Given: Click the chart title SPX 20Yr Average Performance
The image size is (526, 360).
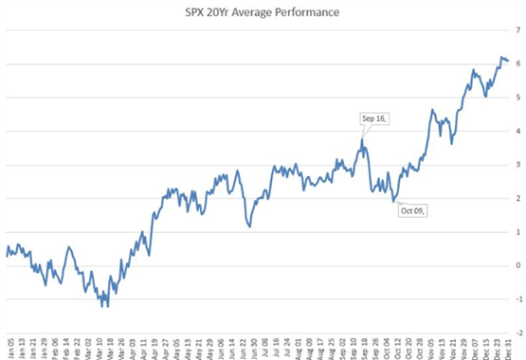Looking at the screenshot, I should click(263, 13).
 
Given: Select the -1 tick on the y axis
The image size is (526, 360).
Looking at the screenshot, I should click(517, 298).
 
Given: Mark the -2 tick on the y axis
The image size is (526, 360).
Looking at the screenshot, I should click(517, 333).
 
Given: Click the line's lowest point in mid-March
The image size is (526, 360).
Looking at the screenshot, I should click(107, 306).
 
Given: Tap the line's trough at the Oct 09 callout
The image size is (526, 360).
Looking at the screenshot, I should click(394, 202).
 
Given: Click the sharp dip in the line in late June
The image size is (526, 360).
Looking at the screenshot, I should click(248, 226).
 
